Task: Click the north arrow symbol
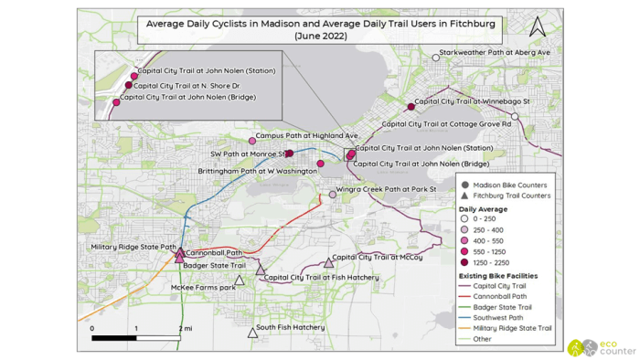(x=537, y=26)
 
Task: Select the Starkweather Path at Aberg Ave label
(x=495, y=53)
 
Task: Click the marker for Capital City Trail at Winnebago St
(x=411, y=107)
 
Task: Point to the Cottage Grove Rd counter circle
(x=515, y=117)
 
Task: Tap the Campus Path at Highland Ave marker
(x=252, y=141)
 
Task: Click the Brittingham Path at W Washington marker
(x=320, y=164)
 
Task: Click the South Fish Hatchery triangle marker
(x=252, y=333)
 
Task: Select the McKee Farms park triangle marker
(x=240, y=281)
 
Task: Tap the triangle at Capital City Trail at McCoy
(x=328, y=263)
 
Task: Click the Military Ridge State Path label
(x=133, y=247)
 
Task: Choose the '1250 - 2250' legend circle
(x=465, y=261)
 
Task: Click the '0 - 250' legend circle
(x=465, y=219)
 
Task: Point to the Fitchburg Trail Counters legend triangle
(x=465, y=196)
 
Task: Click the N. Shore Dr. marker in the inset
(x=129, y=85)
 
